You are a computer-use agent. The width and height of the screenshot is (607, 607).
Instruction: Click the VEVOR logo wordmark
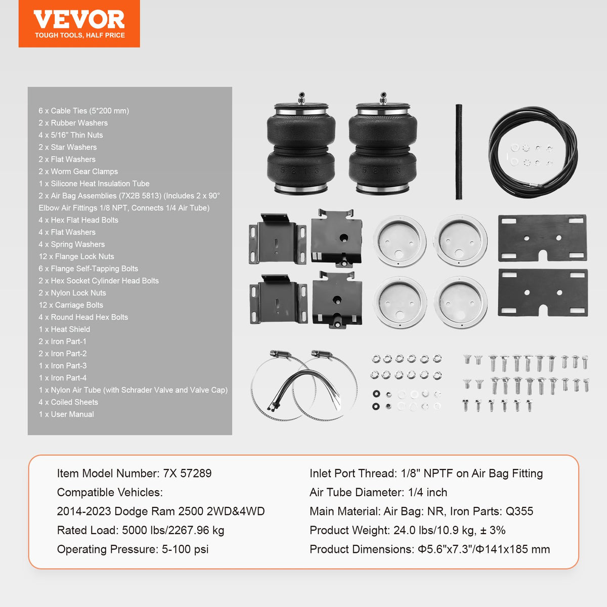[79, 20]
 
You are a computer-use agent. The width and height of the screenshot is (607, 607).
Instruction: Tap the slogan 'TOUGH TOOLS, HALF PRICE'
[79, 35]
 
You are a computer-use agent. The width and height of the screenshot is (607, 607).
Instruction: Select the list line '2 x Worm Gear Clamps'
[78, 171]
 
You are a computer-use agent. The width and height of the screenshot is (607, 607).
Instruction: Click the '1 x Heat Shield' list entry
[65, 329]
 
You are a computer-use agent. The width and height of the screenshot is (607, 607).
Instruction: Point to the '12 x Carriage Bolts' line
[71, 305]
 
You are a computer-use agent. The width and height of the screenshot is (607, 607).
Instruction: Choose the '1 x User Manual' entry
[66, 414]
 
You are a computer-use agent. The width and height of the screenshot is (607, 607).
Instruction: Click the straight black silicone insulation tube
[459, 152]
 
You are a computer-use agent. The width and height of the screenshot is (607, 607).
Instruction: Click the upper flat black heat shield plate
[542, 238]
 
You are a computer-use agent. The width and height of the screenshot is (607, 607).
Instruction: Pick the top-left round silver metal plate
[400, 241]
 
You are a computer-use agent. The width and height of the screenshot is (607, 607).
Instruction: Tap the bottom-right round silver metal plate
[460, 302]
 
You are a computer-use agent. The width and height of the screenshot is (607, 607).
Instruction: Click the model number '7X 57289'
[187, 473]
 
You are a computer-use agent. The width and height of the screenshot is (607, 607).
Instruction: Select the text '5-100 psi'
[185, 549]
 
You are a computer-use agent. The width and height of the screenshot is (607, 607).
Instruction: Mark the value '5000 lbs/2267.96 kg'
[173, 530]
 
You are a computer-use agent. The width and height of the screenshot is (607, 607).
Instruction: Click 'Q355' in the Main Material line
[519, 511]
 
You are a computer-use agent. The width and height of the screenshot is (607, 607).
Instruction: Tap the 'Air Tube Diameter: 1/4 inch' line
[378, 492]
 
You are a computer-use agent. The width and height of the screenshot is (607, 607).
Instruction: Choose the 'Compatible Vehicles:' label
[110, 492]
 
